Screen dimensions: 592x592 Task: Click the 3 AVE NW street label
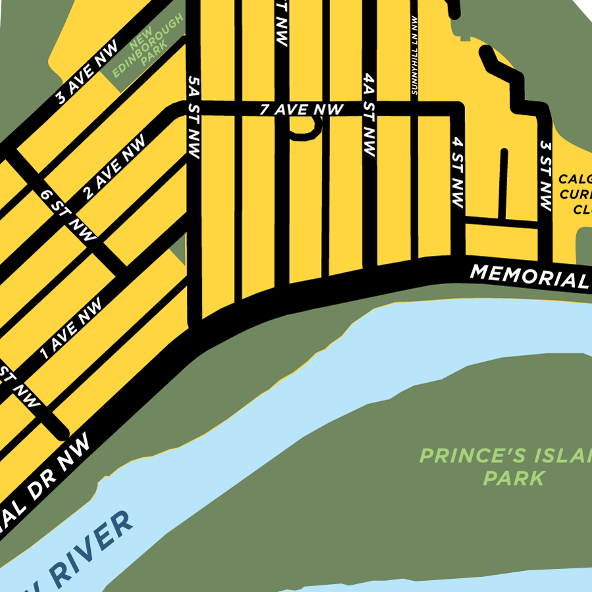[87, 72]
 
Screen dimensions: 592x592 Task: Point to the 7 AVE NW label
[301, 110]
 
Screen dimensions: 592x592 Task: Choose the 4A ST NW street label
[368, 115]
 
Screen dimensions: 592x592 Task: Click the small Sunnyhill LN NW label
[414, 57]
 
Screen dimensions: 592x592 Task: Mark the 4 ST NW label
[458, 172]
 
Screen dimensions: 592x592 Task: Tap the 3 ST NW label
[545, 175]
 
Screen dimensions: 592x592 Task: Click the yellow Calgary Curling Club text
[576, 194]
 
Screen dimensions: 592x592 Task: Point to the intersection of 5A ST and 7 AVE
[193, 109]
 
